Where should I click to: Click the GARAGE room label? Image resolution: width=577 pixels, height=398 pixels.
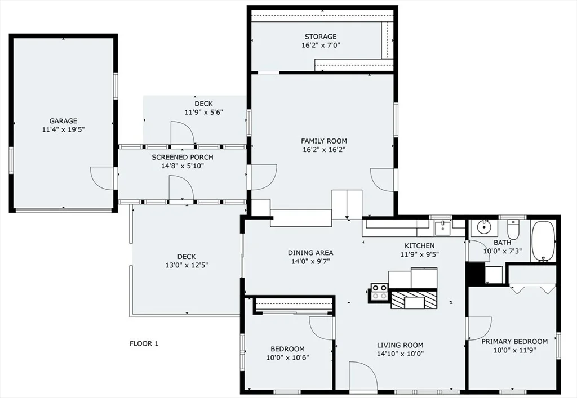pos(63,121)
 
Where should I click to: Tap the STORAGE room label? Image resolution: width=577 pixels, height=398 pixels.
pos(321,37)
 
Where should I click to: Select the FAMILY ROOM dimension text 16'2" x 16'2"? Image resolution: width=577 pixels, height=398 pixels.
pos(324,150)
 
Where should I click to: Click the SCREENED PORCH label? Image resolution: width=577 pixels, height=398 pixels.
pos(183,157)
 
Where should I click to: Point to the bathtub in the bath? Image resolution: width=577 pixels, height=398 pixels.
pos(543,241)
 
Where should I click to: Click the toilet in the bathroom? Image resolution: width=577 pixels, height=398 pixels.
pos(513,229)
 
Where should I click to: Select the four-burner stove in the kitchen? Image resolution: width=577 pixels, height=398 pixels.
pos(379,293)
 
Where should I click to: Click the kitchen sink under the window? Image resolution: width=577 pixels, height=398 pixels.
pos(442,228)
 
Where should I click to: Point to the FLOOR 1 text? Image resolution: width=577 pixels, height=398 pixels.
pos(144,343)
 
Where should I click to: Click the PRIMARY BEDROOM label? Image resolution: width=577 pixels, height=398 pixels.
pos(514,341)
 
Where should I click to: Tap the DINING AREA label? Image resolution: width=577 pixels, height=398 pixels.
pos(310,253)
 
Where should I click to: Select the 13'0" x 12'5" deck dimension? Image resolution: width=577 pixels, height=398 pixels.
pos(187,265)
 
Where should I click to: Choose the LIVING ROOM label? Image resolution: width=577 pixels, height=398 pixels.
pos(400,345)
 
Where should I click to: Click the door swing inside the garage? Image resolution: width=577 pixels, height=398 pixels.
pos(103,178)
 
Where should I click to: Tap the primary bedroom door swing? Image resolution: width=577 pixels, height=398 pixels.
pos(480,329)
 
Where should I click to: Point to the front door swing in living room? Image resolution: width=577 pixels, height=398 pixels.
pos(362,375)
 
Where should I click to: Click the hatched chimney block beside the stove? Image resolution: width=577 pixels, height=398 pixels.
pos(414,299)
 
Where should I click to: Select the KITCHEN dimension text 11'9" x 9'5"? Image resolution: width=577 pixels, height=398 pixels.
pos(419,254)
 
